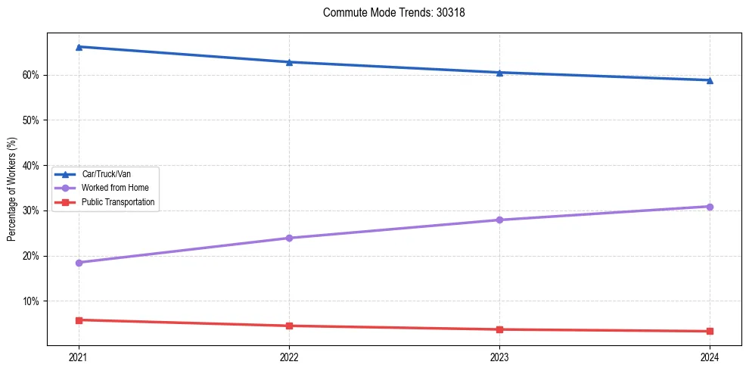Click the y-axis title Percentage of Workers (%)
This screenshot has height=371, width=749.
(12, 189)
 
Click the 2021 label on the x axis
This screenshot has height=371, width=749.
(79, 357)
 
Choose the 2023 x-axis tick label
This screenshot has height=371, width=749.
(499, 357)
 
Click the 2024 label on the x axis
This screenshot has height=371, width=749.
(710, 357)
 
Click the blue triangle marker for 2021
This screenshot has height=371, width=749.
(79, 47)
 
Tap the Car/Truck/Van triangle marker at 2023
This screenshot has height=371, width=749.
(499, 73)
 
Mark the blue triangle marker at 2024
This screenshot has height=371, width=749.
(710, 80)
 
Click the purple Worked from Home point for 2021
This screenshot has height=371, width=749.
(79, 263)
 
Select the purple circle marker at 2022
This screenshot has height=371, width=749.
(289, 238)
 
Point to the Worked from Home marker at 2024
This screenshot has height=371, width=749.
(710, 207)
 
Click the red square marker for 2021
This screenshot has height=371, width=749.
(79, 320)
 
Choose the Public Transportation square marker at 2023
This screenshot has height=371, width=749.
(499, 329)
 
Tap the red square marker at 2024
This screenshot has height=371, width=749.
(710, 331)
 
